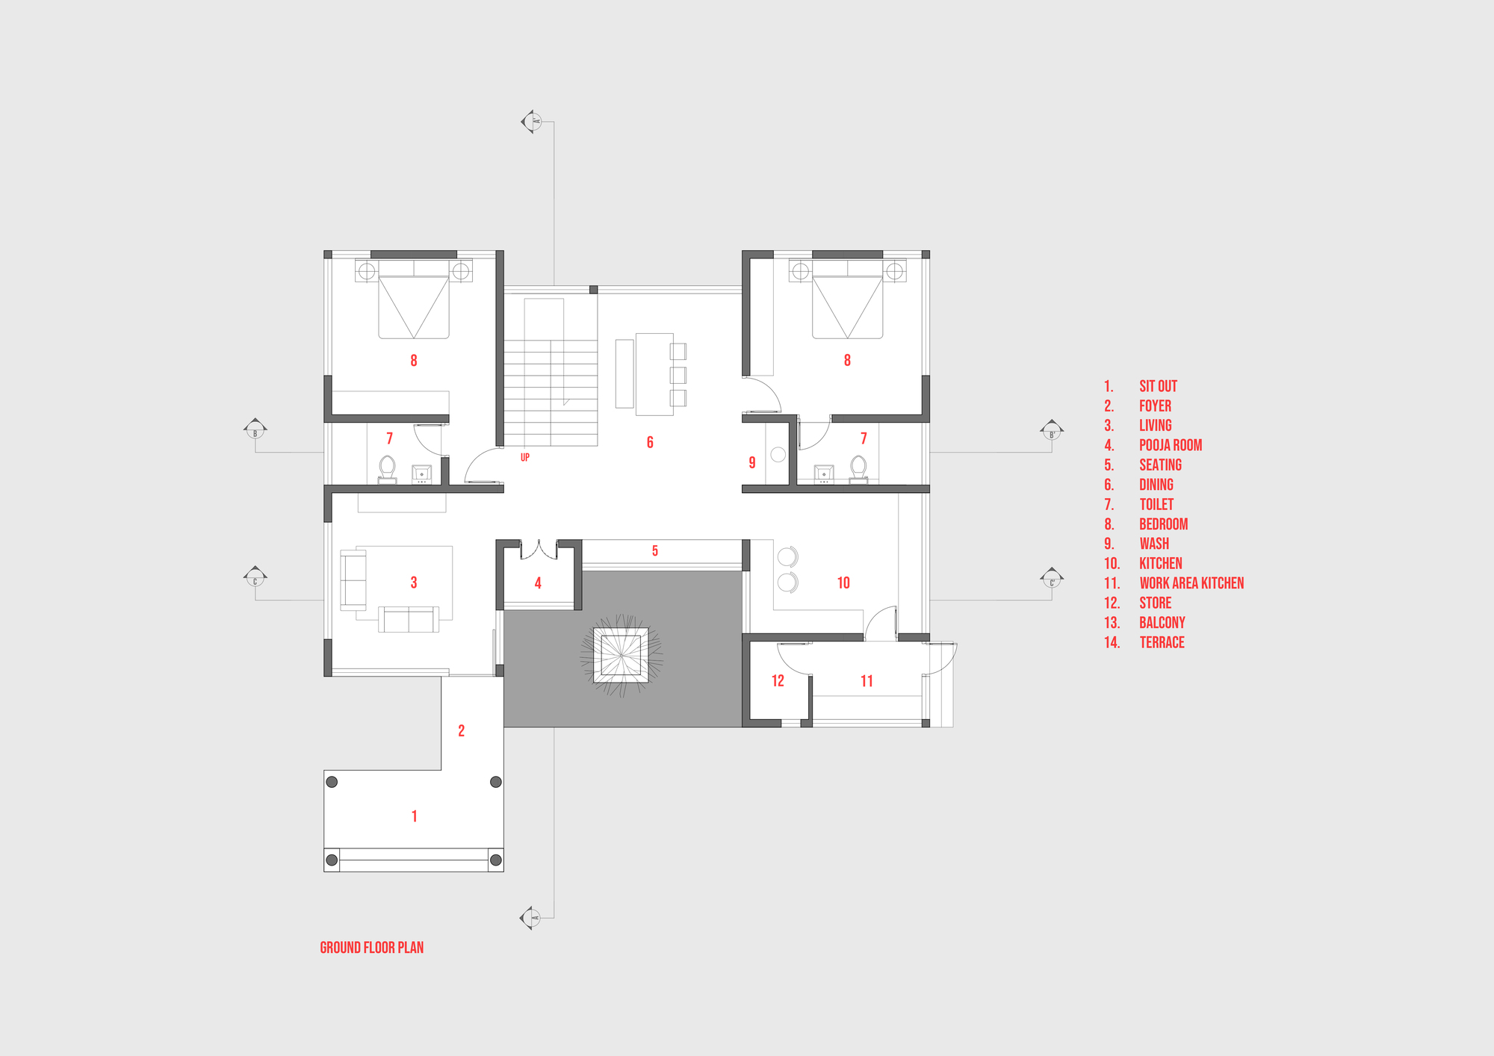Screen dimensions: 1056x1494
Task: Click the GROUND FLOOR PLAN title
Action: tap(371, 948)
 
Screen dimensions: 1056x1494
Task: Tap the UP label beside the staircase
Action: tap(525, 457)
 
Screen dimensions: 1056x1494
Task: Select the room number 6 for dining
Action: tap(650, 442)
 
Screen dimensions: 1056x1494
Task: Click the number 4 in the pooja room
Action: tap(538, 583)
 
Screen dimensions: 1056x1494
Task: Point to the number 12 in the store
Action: tap(778, 680)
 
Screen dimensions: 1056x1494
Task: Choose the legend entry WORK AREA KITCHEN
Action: tap(1191, 583)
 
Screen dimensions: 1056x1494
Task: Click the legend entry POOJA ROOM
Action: tap(1171, 445)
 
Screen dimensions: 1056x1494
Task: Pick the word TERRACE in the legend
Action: tap(1162, 642)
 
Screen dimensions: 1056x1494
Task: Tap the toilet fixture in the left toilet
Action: tap(387, 468)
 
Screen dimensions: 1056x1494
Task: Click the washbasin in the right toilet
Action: tap(824, 473)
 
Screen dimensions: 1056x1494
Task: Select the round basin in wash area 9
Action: tap(778, 454)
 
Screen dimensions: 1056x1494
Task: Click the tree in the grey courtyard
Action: tap(621, 655)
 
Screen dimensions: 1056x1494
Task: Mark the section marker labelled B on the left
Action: tap(255, 429)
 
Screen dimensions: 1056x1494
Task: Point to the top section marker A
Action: tap(532, 121)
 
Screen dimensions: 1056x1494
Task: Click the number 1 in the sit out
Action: tap(415, 816)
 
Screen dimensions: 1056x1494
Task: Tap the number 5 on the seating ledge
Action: tap(655, 551)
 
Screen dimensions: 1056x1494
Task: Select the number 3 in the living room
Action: tap(414, 583)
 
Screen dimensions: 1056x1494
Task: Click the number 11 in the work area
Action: tap(867, 680)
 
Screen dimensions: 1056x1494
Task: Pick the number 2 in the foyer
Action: tap(462, 730)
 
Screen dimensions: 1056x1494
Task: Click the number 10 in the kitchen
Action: tap(843, 583)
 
